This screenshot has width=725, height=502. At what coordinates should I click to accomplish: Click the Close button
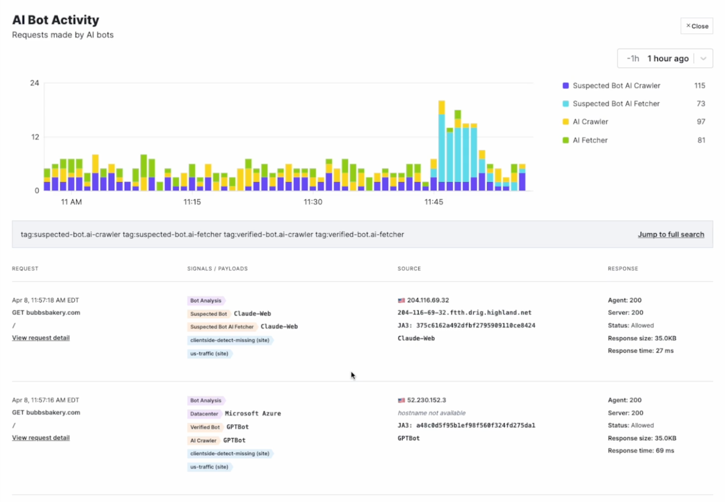(696, 26)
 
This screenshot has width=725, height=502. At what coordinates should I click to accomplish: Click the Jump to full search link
(671, 234)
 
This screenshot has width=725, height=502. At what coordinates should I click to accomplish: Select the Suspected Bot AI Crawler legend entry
(616, 86)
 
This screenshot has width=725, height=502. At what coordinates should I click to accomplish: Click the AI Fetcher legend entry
(590, 140)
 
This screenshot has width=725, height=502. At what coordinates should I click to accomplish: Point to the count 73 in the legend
(701, 104)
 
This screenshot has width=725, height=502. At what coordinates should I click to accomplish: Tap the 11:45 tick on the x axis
(434, 202)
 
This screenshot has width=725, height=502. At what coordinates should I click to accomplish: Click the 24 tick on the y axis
(34, 83)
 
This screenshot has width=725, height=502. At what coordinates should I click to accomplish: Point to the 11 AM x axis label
(72, 202)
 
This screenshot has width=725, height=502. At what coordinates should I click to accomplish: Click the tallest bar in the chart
(441, 145)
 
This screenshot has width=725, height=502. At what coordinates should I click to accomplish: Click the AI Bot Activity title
(55, 20)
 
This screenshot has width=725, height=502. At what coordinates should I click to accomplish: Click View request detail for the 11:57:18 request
(41, 338)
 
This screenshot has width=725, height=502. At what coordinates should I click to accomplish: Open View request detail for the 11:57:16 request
(41, 438)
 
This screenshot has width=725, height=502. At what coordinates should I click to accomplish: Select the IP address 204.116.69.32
(428, 300)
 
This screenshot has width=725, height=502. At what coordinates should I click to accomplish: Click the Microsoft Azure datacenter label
(253, 413)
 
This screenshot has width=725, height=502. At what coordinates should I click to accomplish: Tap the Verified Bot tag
(205, 427)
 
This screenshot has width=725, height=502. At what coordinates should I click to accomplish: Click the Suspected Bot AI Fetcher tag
(222, 327)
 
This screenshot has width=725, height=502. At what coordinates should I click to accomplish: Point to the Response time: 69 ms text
(641, 450)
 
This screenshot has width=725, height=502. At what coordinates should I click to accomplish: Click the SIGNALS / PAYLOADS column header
(217, 268)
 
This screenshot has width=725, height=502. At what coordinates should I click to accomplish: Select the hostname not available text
(431, 413)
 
